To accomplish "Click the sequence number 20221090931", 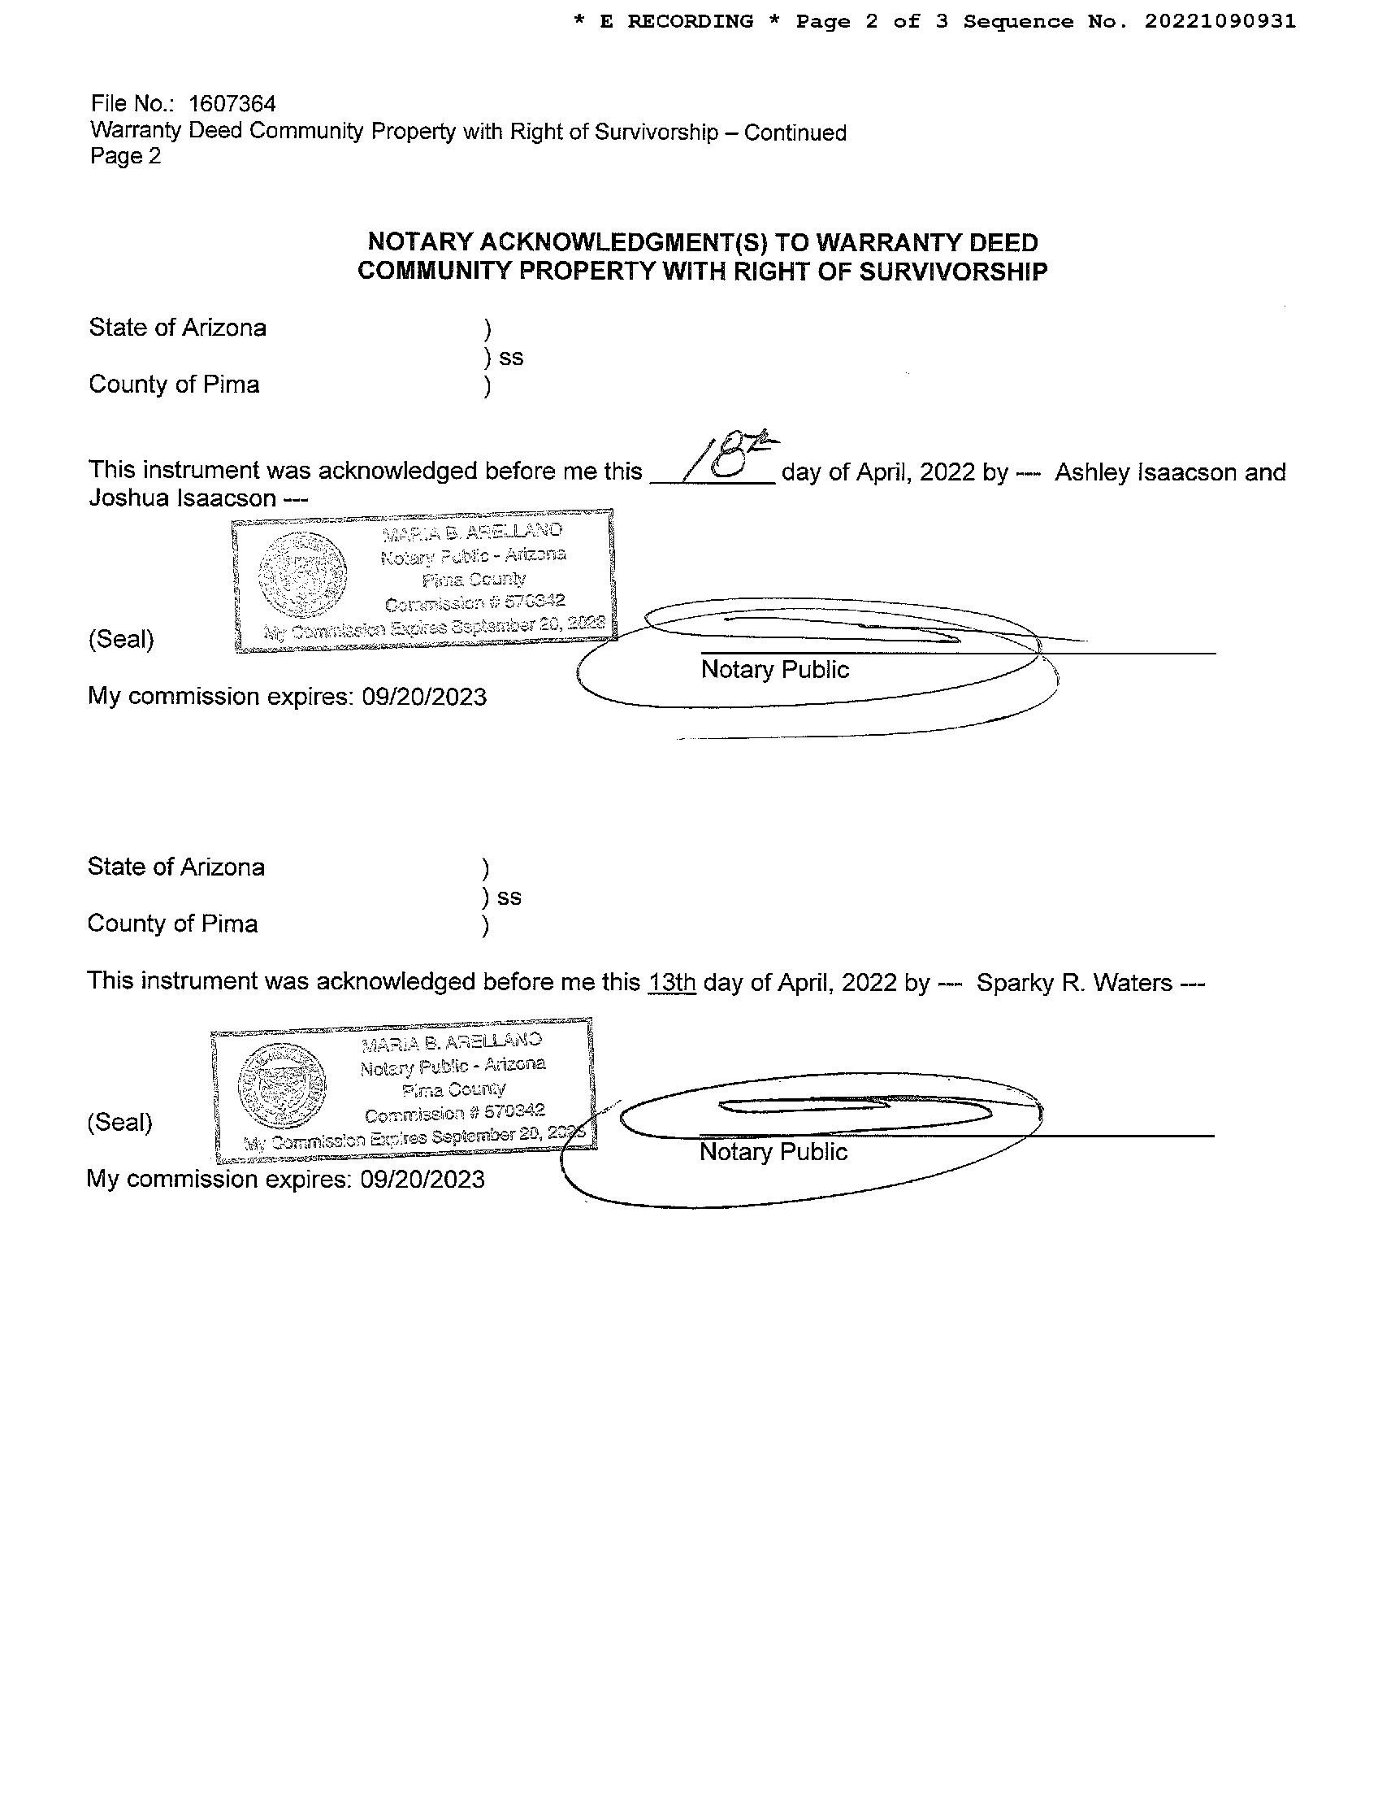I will pos(1220,21).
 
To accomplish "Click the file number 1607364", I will pos(232,104).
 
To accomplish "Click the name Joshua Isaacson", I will pos(182,498).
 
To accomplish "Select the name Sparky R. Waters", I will pos(1074,983).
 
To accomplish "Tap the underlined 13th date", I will pos(671,982).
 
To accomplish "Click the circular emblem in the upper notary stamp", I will pos(301,575).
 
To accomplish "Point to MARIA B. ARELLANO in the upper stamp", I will pos(472,532).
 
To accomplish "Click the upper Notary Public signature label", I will pos(774,670).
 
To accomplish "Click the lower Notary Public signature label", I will pos(773,1152).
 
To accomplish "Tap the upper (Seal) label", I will pos(121,640).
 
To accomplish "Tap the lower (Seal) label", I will pos(119,1123).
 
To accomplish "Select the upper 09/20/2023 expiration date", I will pos(424,697).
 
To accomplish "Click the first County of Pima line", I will pos(174,385).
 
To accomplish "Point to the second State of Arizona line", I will pos(175,867).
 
